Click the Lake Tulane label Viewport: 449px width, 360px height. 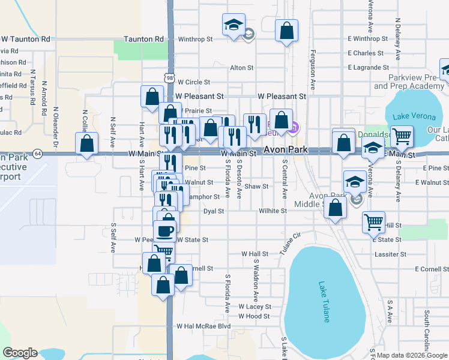tap(324, 302)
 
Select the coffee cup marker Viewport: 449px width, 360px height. tap(164, 230)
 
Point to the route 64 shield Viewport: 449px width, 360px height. tap(37, 154)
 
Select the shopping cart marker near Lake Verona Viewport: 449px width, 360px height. tap(402, 136)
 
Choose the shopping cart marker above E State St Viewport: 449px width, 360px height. tap(373, 223)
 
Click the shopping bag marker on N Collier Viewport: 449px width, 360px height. tap(87, 143)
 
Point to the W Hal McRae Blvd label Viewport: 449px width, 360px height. tap(203, 326)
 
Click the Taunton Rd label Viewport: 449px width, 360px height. tap(143, 39)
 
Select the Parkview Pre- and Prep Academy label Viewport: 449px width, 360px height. tap(408, 82)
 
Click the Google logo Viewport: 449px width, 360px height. tap(20, 352)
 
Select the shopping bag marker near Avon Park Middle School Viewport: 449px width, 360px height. tap(336, 208)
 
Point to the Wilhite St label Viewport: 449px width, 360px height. tap(273, 211)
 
